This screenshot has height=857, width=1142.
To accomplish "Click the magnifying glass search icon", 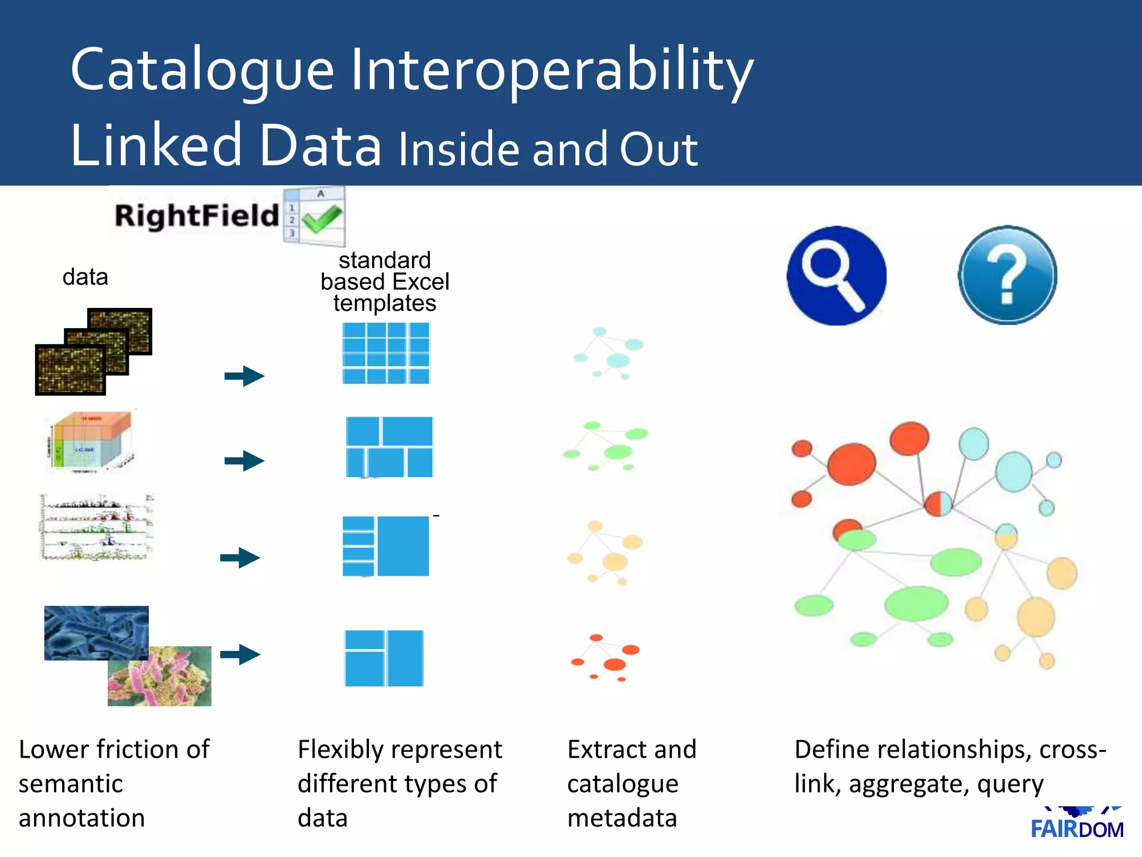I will tap(836, 276).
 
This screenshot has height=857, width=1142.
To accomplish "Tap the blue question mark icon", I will tap(1007, 275).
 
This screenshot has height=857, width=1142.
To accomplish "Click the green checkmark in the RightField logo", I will tap(322, 219).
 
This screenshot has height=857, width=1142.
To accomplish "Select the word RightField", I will tap(196, 216).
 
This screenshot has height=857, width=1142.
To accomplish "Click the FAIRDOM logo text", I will tap(1077, 829).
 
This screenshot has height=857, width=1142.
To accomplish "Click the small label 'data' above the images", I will tap(85, 277).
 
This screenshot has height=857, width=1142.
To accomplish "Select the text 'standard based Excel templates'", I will tap(385, 282).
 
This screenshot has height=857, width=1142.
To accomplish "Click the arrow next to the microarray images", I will tap(244, 376).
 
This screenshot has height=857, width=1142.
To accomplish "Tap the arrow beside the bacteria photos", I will tap(240, 654).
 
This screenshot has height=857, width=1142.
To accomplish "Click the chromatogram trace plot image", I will tap(96, 527).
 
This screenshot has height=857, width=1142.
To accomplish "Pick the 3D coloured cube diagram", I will tap(91, 441).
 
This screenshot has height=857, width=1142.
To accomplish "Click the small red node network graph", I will tap(607, 657).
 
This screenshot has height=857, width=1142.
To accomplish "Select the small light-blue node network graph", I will tap(609, 352).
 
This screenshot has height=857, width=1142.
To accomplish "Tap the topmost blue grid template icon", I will tap(386, 353).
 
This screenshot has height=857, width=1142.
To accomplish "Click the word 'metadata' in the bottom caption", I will tap(622, 818).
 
